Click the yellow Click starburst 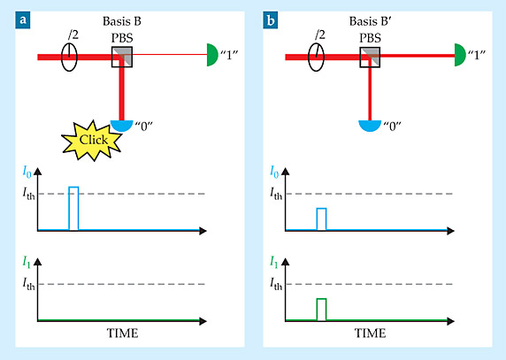pyautogui.click(x=92, y=141)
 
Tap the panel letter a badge pyautogui.click(x=23, y=20)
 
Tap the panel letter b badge pyautogui.click(x=271, y=20)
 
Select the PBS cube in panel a pyautogui.click(x=122, y=57)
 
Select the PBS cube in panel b pyautogui.click(x=370, y=57)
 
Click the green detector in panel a pyautogui.click(x=212, y=55)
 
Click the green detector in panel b pyautogui.click(x=460, y=55)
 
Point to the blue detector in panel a pyautogui.click(x=122, y=126)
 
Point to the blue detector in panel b pyautogui.click(x=370, y=126)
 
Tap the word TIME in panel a pyautogui.click(x=122, y=333)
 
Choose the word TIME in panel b pyautogui.click(x=370, y=333)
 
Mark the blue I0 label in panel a pyautogui.click(x=27, y=172)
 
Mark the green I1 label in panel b pyautogui.click(x=274, y=262)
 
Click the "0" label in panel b pyautogui.click(x=392, y=126)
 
